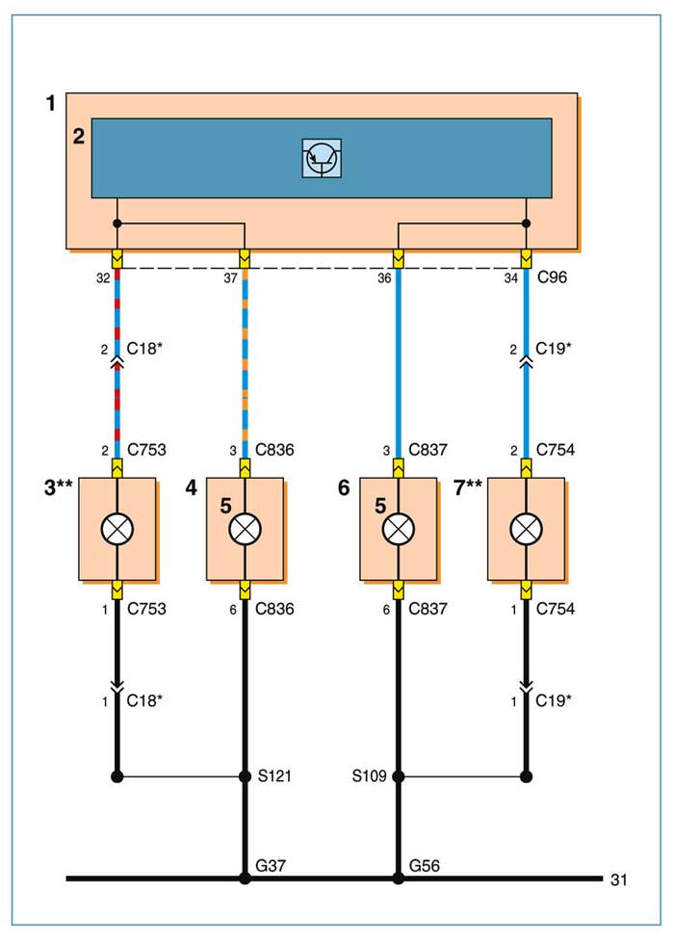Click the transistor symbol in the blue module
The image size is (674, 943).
pyautogui.click(x=322, y=158)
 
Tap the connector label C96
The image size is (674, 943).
pyautogui.click(x=552, y=277)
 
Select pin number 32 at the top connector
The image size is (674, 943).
pyautogui.click(x=103, y=278)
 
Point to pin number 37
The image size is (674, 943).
pyautogui.click(x=230, y=278)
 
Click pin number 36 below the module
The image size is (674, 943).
pyautogui.click(x=384, y=278)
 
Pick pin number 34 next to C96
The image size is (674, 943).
pyautogui.click(x=511, y=278)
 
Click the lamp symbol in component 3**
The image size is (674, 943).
pyautogui.click(x=117, y=529)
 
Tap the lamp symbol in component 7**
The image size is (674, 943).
pyautogui.click(x=526, y=529)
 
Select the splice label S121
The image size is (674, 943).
pyautogui.click(x=274, y=776)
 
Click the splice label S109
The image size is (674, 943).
pyautogui.click(x=369, y=776)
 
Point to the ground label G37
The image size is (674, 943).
pyautogui.click(x=271, y=865)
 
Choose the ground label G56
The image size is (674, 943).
pyautogui.click(x=425, y=865)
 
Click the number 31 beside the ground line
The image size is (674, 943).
pyautogui.click(x=619, y=879)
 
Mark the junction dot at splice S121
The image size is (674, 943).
pyautogui.click(x=245, y=777)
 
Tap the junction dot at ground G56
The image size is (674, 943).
pyautogui.click(x=398, y=878)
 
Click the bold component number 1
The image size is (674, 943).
pyautogui.click(x=51, y=103)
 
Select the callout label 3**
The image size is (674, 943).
pyautogui.click(x=59, y=486)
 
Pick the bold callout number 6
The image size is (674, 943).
pyautogui.click(x=344, y=487)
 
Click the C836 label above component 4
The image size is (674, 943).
pyautogui.click(x=274, y=450)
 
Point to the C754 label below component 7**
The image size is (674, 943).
pyautogui.click(x=556, y=609)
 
